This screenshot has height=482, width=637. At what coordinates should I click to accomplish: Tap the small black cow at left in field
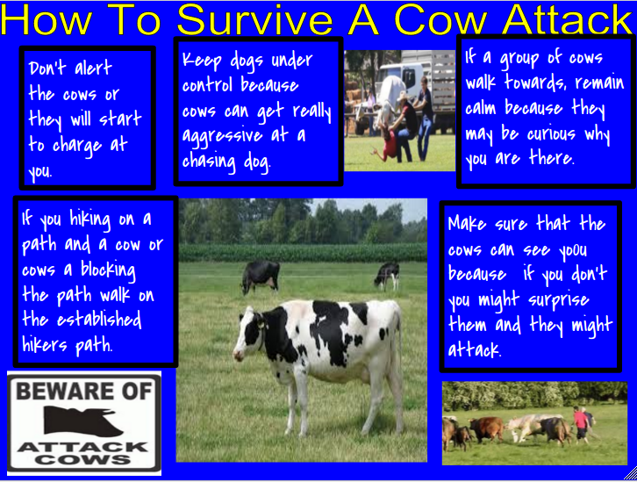[261, 275]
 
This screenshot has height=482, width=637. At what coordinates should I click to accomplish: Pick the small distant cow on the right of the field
[387, 275]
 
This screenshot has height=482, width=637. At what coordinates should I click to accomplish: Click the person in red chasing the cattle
[581, 421]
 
